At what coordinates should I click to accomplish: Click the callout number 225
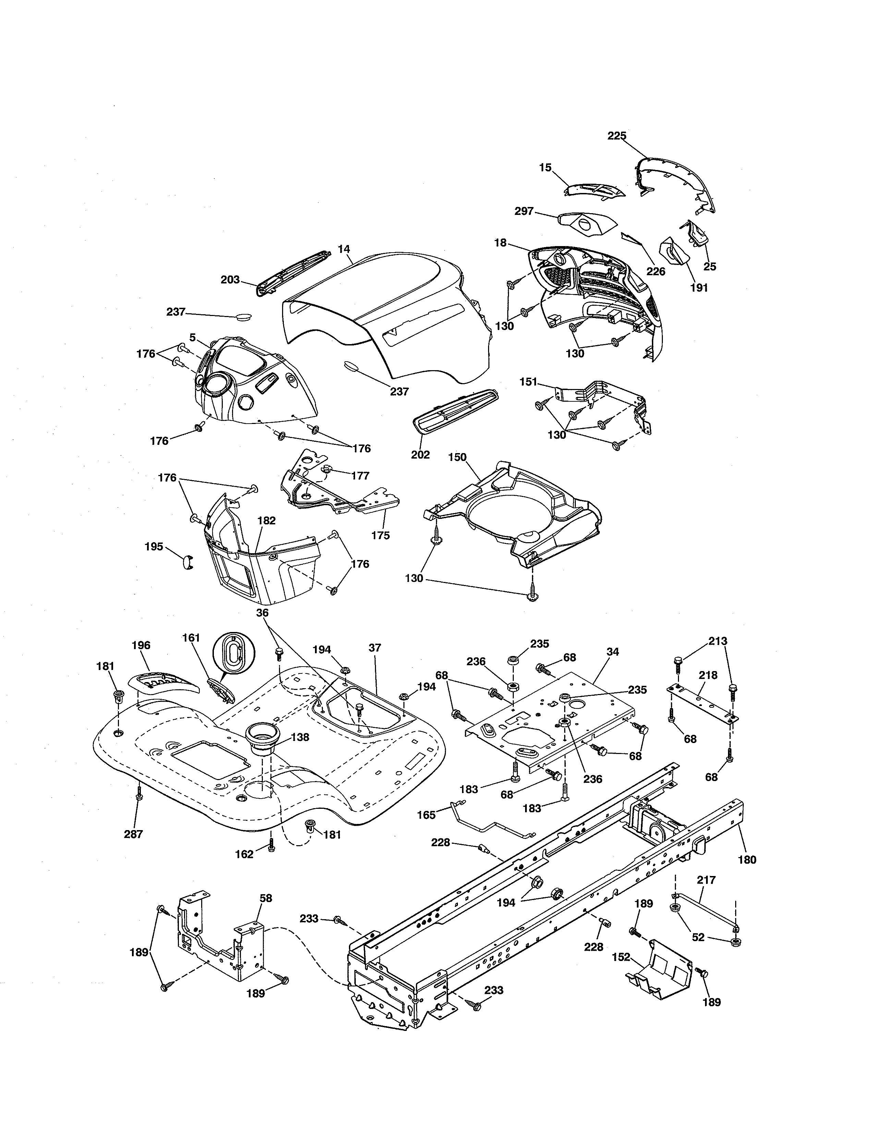(617, 136)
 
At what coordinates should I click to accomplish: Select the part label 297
(524, 211)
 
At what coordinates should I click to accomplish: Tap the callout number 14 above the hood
(344, 249)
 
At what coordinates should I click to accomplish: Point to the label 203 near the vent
(230, 280)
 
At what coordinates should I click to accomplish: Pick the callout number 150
(457, 457)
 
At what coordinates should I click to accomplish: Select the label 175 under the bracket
(380, 535)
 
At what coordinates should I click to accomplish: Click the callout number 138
(300, 737)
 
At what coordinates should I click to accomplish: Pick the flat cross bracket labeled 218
(702, 703)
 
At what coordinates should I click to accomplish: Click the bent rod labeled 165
(487, 826)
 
